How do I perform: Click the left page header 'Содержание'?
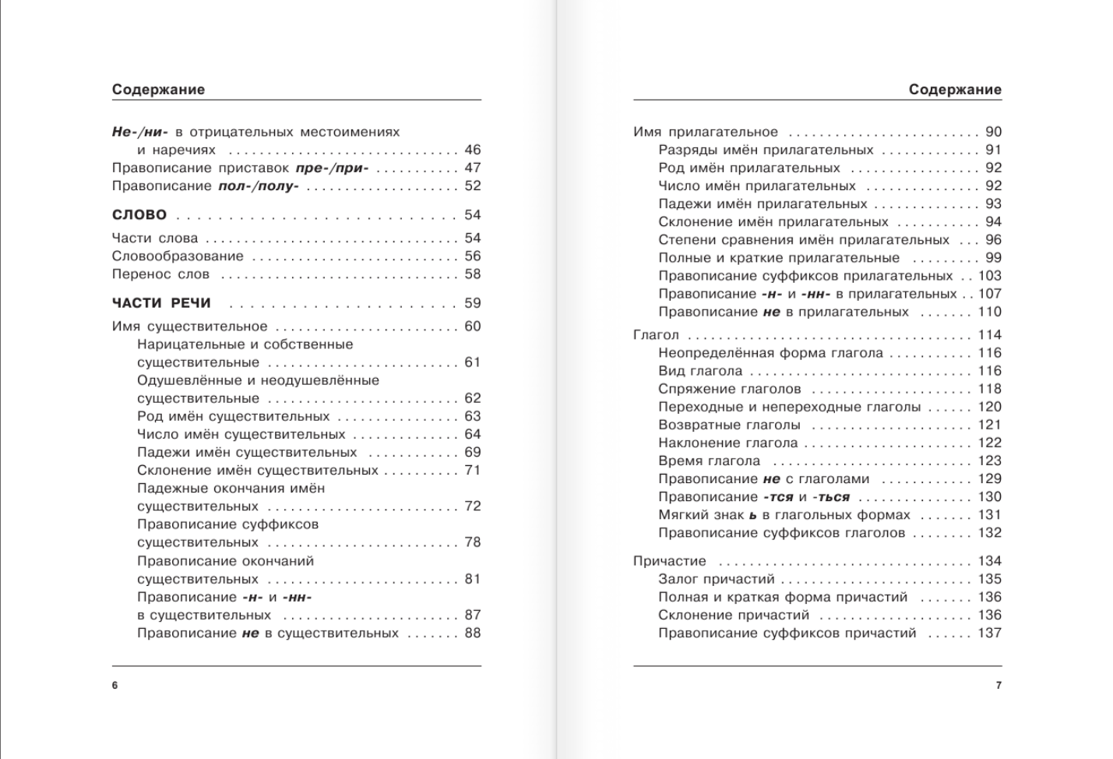click(158, 90)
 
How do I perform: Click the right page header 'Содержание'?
click(955, 90)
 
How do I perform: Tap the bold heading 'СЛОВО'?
click(139, 215)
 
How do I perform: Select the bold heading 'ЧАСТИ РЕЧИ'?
click(161, 303)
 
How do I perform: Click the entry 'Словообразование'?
click(178, 256)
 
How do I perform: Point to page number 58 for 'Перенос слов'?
click(473, 274)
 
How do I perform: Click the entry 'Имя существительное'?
click(189, 327)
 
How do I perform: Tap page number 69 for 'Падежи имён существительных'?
click(473, 453)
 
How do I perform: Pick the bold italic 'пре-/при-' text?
click(333, 168)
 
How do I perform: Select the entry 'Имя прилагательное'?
click(706, 132)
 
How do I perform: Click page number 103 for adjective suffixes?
click(990, 276)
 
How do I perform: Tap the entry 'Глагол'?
click(656, 335)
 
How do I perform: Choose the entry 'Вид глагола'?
click(700, 372)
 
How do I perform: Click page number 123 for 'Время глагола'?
click(990, 461)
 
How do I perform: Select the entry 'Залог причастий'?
click(717, 579)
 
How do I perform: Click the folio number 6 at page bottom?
click(115, 686)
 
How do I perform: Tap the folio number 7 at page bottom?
click(999, 686)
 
